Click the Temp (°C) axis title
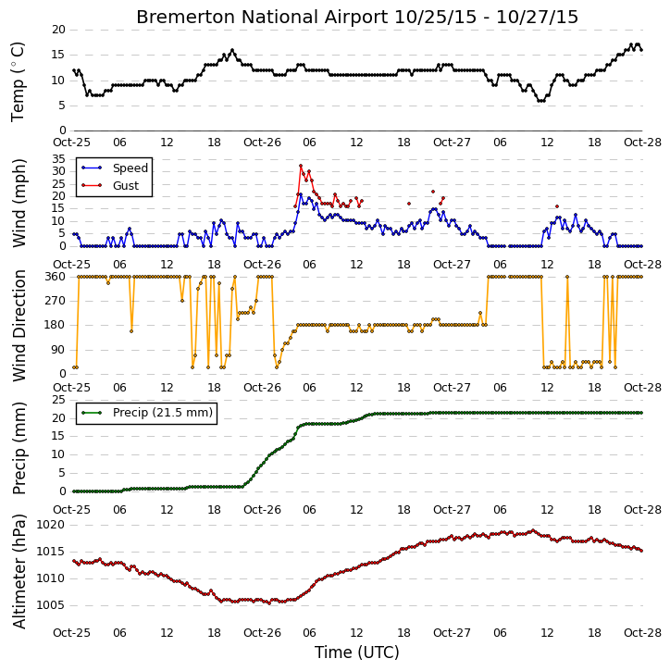click(x=18, y=81)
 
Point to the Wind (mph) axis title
click(x=19, y=203)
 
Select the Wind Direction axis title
click(x=19, y=325)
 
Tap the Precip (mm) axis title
click(x=19, y=448)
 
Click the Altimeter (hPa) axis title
click(x=19, y=571)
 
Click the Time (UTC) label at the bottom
click(x=357, y=652)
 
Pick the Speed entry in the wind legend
click(x=130, y=168)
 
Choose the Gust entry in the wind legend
click(x=126, y=186)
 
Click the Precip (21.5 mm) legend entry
click(x=163, y=413)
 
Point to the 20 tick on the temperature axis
click(x=58, y=30)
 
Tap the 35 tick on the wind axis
click(x=58, y=159)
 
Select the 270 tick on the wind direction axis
click(x=56, y=301)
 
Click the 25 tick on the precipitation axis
click(x=58, y=400)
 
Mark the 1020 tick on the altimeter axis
click(x=50, y=525)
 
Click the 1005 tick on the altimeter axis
click(x=50, y=605)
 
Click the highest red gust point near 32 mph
click(x=301, y=166)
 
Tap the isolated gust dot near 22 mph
click(x=433, y=192)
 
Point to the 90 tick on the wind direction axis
click(x=58, y=350)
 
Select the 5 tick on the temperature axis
click(x=62, y=106)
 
